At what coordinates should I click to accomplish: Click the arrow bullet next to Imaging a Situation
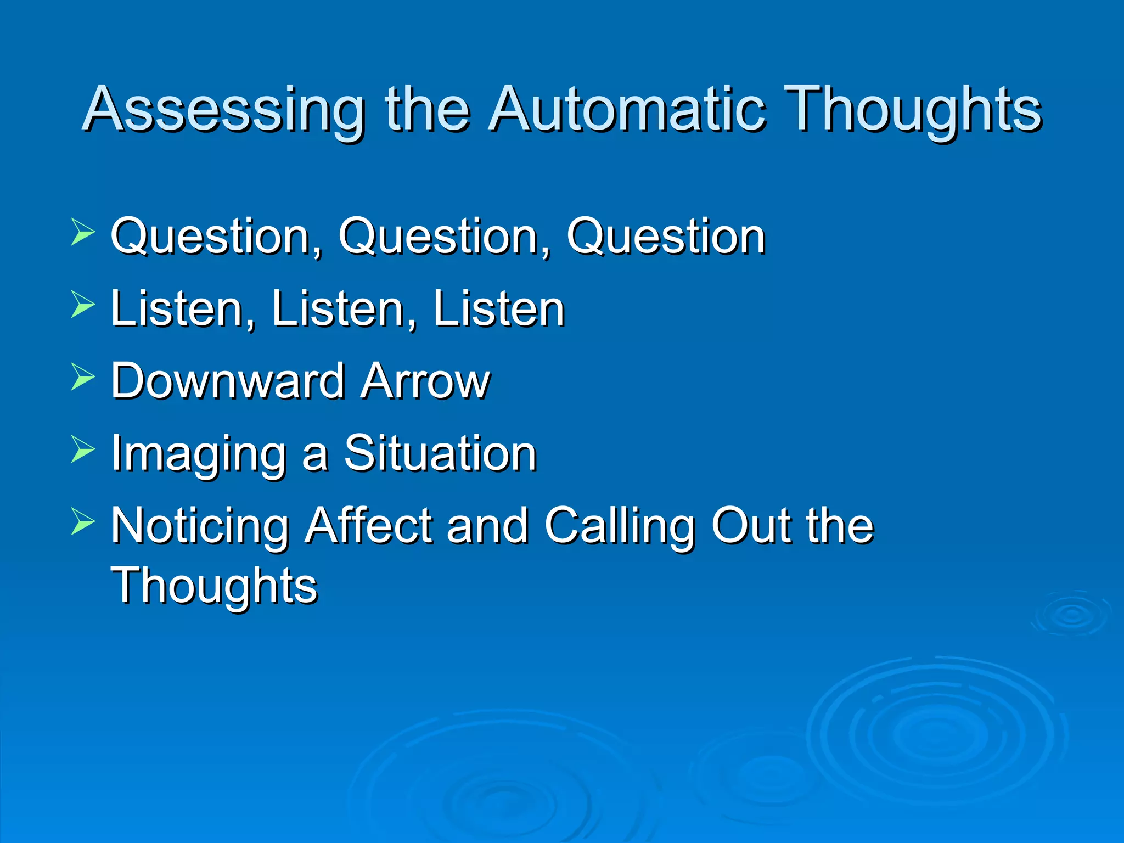click(x=83, y=449)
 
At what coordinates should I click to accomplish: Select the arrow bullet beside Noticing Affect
click(x=83, y=521)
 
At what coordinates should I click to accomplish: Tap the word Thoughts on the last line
click(x=214, y=586)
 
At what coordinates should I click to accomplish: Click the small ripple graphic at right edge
click(x=1072, y=615)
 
